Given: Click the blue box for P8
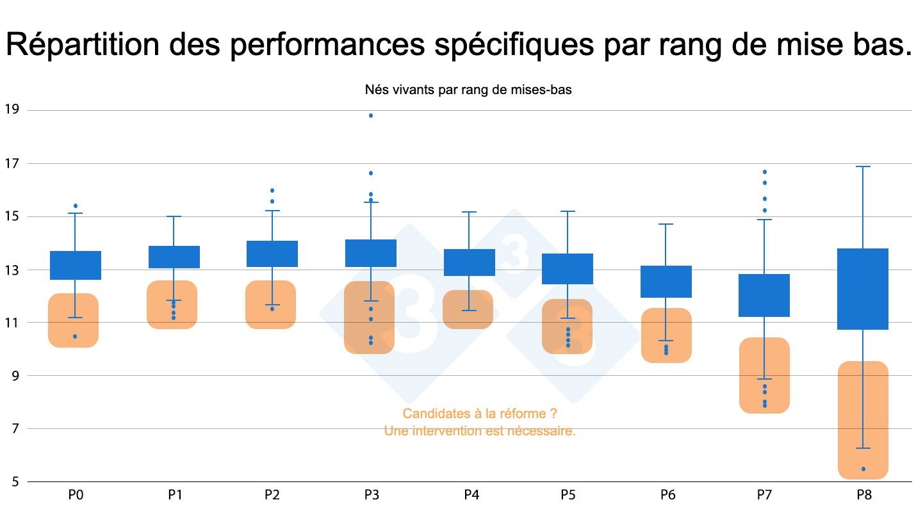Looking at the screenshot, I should point(863,289).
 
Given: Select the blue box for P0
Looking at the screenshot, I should point(76,265).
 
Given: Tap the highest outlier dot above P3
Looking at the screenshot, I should point(371,115).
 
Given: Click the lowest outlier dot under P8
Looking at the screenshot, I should point(863,469).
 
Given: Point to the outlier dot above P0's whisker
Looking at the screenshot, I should point(76,206).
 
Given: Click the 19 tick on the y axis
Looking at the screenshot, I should point(12,109).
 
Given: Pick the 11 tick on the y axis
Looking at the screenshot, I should point(12,323).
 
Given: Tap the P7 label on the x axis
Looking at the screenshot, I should point(764,495).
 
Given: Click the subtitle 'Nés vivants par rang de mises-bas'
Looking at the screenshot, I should point(468,90).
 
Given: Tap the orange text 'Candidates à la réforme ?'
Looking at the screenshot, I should point(480,414).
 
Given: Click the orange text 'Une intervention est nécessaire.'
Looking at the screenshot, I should point(480,432).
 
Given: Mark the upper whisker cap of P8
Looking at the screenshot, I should point(863,166).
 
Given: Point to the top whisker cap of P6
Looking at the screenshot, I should point(667,224).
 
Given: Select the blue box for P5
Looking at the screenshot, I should point(568,269).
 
